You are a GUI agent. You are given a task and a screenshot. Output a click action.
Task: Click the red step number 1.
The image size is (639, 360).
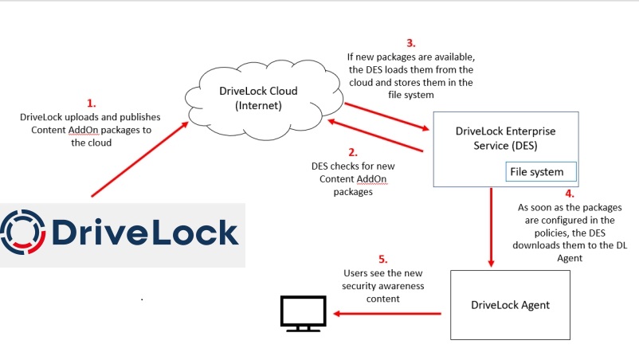click(91, 103)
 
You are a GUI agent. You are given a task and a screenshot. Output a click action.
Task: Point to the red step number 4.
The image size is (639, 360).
click(570, 193)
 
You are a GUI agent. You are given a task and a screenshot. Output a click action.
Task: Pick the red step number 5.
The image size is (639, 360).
click(382, 258)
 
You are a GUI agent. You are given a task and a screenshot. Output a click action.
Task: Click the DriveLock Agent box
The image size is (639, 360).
click(509, 305)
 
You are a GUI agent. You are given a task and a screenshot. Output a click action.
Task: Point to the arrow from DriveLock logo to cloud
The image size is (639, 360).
click(143, 156)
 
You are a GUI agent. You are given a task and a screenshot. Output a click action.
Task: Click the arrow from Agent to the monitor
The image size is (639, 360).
click(387, 313)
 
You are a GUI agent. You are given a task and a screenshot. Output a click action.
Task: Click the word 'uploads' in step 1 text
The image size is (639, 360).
click(84, 117)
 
